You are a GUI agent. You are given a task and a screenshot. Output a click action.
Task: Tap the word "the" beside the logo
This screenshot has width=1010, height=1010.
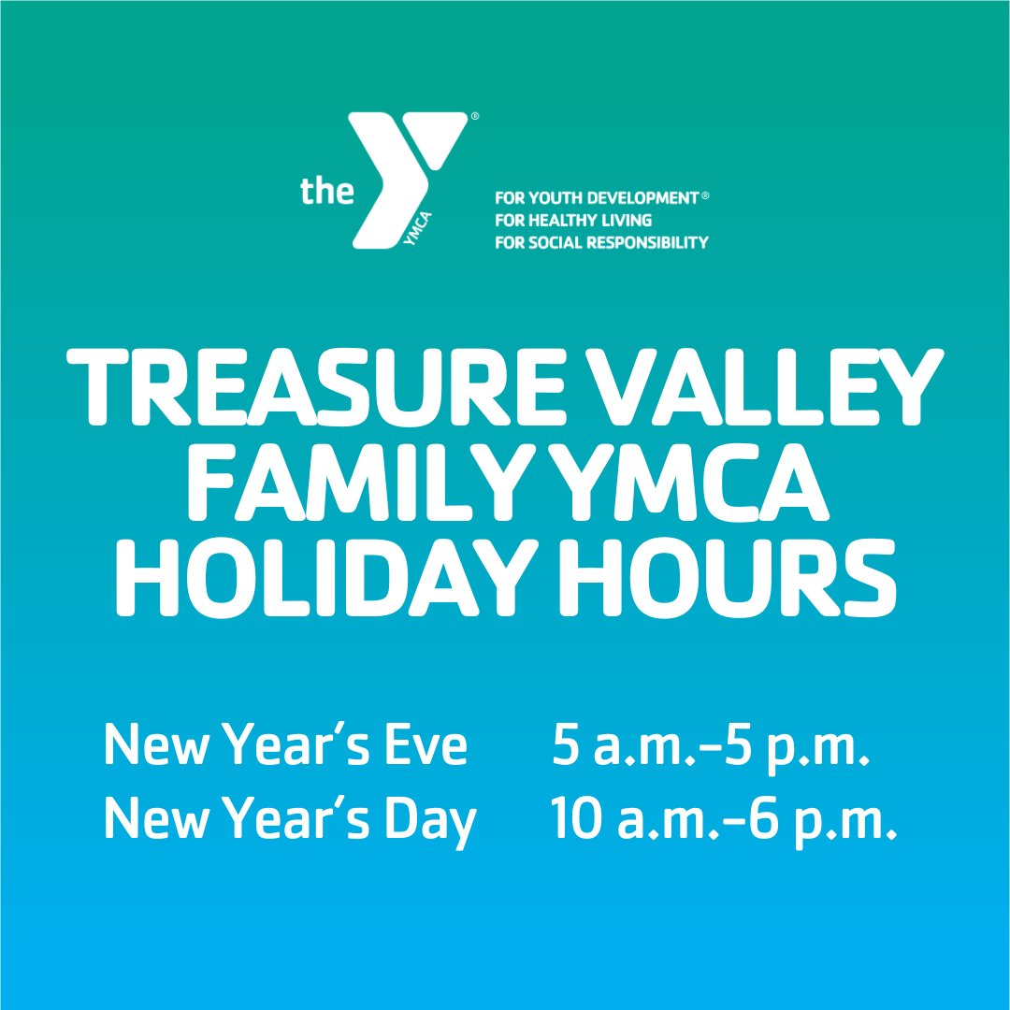[326, 191]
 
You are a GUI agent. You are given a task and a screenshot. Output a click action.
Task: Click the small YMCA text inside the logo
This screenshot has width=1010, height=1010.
[416, 229]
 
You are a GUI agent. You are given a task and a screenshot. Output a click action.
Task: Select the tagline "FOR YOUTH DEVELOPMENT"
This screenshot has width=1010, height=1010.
[597, 197]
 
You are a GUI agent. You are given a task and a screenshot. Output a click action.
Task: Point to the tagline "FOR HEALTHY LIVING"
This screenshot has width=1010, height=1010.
[573, 221]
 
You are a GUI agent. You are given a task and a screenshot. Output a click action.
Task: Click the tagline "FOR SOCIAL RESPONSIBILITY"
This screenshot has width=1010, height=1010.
[601, 242]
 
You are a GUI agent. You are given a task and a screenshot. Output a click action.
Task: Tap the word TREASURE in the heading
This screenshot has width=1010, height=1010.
[316, 386]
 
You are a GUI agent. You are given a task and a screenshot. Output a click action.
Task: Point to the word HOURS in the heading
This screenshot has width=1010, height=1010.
[728, 577]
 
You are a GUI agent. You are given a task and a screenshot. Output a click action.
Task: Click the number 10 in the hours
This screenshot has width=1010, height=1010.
[575, 819]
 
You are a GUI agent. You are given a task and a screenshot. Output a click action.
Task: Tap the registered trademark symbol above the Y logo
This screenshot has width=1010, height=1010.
[475, 117]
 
